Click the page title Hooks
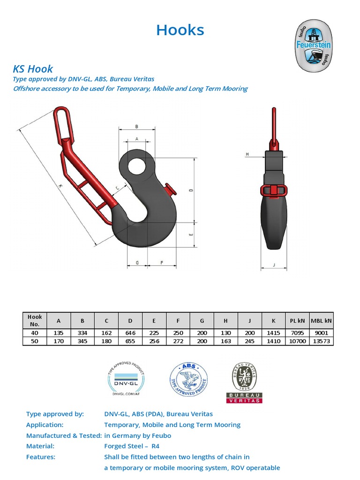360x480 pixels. click(x=180, y=30)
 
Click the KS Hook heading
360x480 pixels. click(x=33, y=69)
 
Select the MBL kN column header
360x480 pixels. click(x=321, y=321)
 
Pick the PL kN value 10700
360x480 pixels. click(x=298, y=341)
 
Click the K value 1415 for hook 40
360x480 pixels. click(x=273, y=333)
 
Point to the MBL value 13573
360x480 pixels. click(x=321, y=341)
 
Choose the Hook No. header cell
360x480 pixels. click(x=35, y=321)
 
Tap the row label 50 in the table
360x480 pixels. click(x=35, y=341)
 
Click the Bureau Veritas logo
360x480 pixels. click(x=244, y=382)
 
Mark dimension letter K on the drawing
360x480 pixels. click(x=60, y=186)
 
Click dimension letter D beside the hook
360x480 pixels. click(x=190, y=190)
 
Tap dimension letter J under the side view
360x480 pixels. click(x=273, y=265)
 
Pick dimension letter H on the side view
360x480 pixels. click(x=247, y=154)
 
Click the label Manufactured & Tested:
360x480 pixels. click(x=64, y=435)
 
